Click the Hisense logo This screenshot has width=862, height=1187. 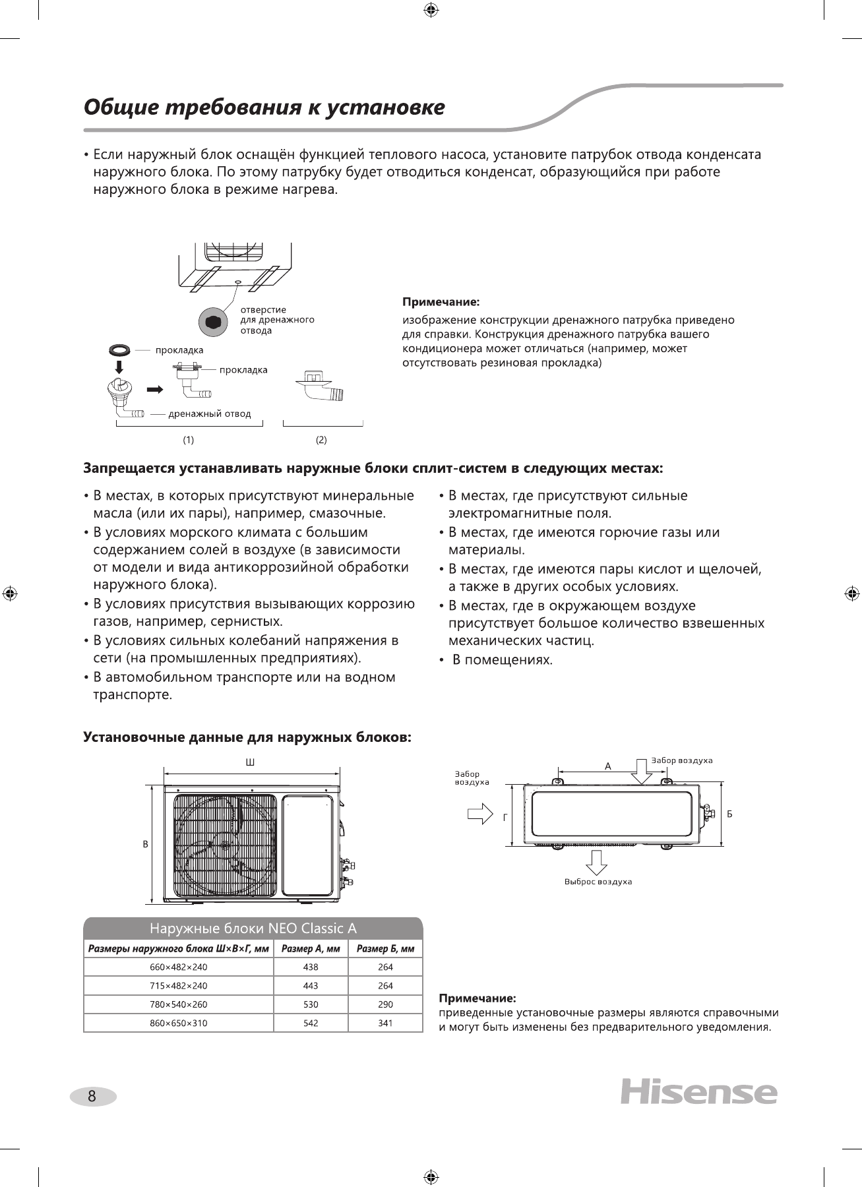click(698, 1093)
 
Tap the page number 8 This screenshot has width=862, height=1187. click(92, 1097)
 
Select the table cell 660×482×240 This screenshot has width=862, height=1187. click(178, 967)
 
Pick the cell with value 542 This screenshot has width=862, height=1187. click(310, 1023)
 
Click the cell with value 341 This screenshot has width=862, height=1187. click(385, 1023)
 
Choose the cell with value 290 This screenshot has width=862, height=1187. click(385, 1004)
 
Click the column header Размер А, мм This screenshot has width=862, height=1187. click(310, 949)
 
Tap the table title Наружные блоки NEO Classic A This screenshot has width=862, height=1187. click(253, 928)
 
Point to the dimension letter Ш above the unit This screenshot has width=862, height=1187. click(250, 763)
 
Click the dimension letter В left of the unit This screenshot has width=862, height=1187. click(146, 845)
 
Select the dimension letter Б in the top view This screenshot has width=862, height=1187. click(729, 814)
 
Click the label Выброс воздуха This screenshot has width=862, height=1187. click(598, 882)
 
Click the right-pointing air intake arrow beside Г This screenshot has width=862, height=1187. click(479, 813)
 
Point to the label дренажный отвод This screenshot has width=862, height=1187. click(210, 414)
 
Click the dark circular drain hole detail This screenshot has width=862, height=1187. click(213, 322)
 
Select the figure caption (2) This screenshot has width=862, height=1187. click(321, 439)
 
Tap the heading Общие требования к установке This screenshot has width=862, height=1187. click(264, 107)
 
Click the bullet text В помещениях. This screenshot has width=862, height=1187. click(502, 660)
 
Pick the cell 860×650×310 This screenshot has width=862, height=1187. click(178, 1023)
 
